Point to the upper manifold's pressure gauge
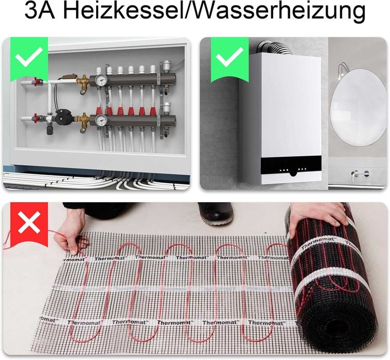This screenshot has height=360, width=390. coord(101,80)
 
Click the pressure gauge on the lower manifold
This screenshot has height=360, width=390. coord(101,120)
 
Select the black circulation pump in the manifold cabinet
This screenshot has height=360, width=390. coord(63,115)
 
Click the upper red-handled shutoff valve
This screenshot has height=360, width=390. coord(36,81)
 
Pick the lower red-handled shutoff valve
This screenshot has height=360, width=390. coord(36,119)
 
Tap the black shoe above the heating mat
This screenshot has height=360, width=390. coord(215,212)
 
